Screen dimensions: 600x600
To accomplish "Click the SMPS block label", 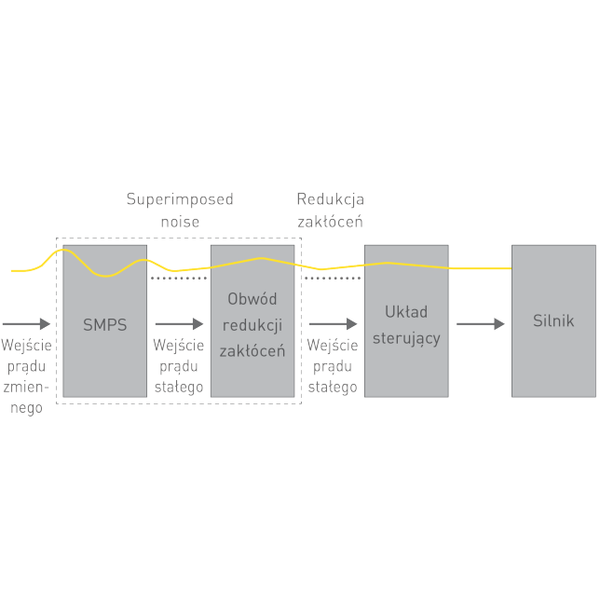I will tap(104, 326).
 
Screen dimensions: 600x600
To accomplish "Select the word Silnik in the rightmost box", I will tap(553, 321).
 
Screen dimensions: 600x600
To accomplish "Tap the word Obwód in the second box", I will tap(252, 299).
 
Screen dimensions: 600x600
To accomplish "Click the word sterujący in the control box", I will tap(406, 337).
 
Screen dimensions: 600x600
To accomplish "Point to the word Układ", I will tap(406, 312).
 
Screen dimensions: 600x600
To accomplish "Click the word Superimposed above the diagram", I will tap(180, 199).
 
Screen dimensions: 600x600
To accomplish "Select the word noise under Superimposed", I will tap(180, 222).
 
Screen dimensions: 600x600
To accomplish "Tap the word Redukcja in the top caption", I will tap(330, 199).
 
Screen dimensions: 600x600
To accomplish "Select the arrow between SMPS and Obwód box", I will tap(178, 324).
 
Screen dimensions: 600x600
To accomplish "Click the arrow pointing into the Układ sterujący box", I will tap(332, 324).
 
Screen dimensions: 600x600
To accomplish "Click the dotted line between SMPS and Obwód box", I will tap(178, 278).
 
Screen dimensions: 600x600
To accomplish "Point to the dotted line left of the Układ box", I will tap(332, 278).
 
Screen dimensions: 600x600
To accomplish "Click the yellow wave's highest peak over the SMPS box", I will tap(61, 250).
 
